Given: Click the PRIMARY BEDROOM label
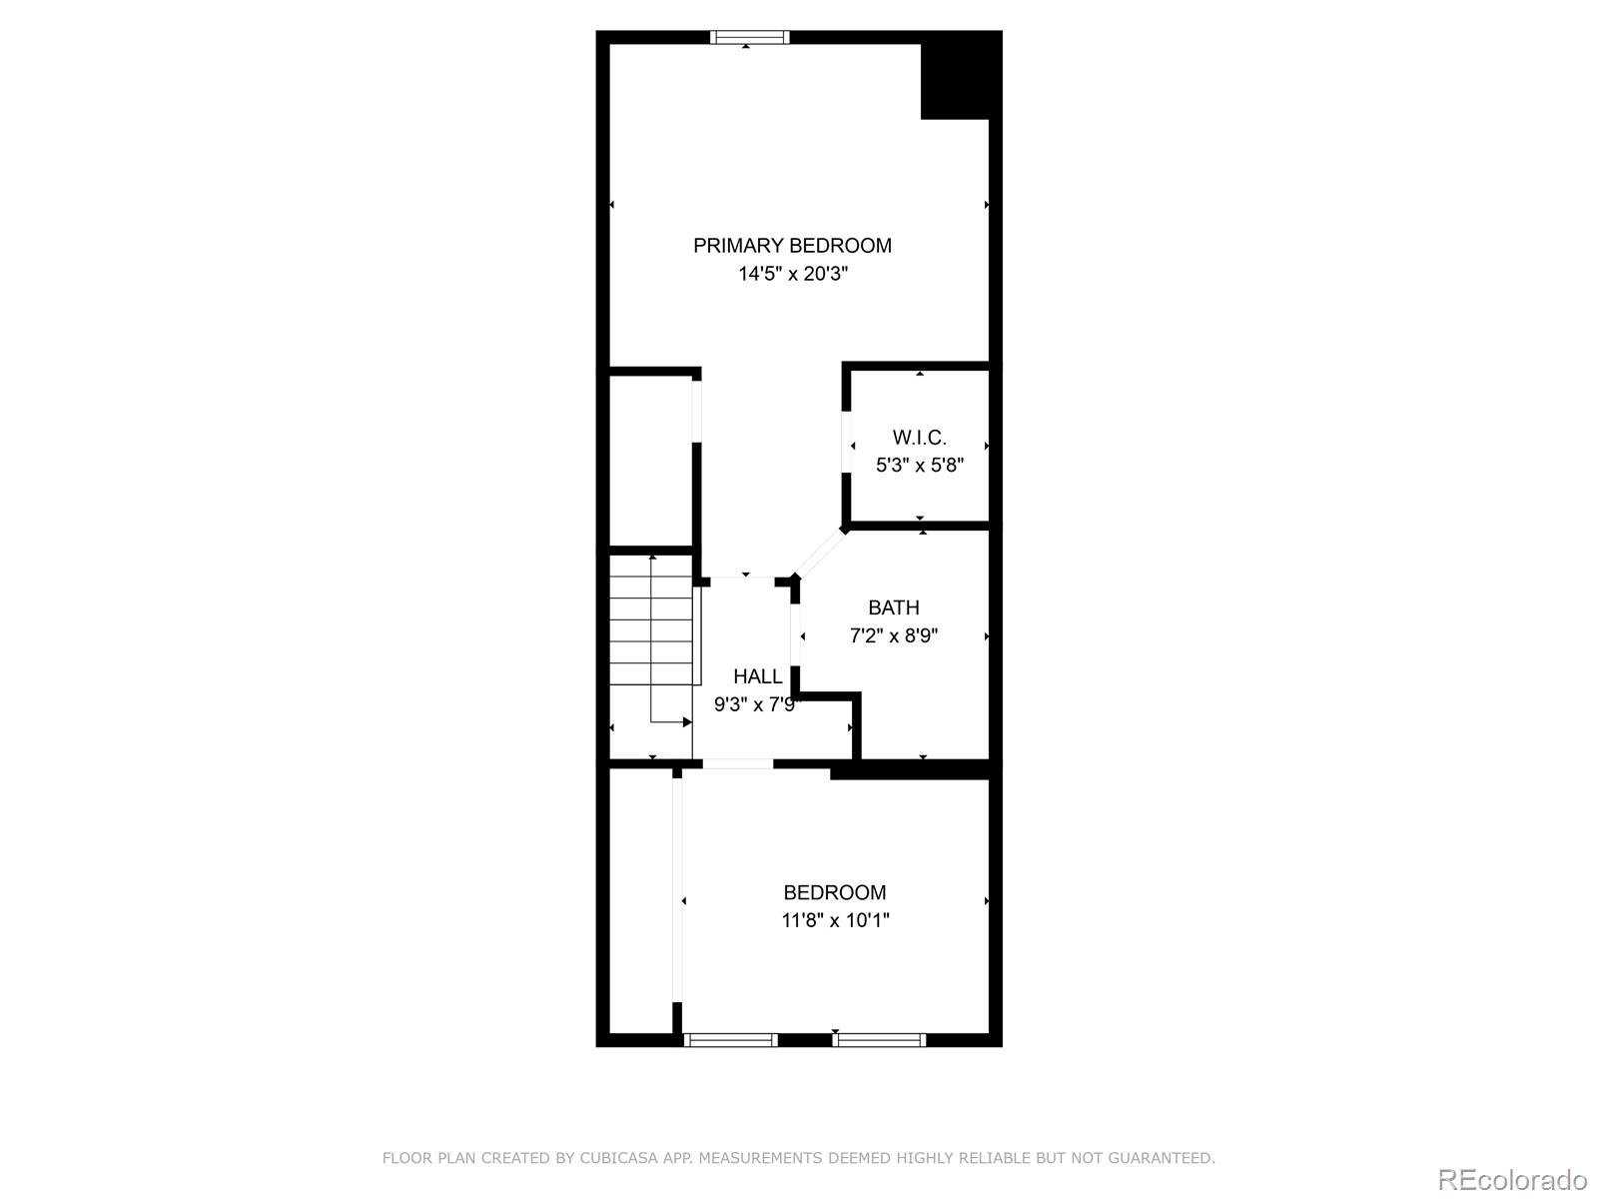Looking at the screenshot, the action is coord(792,246).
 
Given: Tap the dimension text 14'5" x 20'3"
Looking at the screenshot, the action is coord(793,274).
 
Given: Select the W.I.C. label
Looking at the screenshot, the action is coord(920,438).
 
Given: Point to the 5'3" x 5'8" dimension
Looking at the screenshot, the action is coord(920,466).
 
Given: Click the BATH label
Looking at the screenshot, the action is coord(893,607).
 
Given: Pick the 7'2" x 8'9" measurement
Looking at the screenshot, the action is coord(893,635).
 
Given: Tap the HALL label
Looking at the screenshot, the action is coord(758,676).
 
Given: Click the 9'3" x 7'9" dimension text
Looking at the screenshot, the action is coord(757,704).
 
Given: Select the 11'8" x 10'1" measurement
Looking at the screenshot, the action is coord(835,920).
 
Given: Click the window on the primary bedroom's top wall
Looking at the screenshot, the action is coord(749,37).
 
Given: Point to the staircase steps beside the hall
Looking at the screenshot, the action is coord(651,619).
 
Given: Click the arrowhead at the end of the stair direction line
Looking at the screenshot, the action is coord(687,722).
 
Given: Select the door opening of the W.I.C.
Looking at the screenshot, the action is coord(847,442).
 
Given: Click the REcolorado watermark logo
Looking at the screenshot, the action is coord(1512,1179).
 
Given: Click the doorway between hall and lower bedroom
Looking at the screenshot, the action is coord(737,763).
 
